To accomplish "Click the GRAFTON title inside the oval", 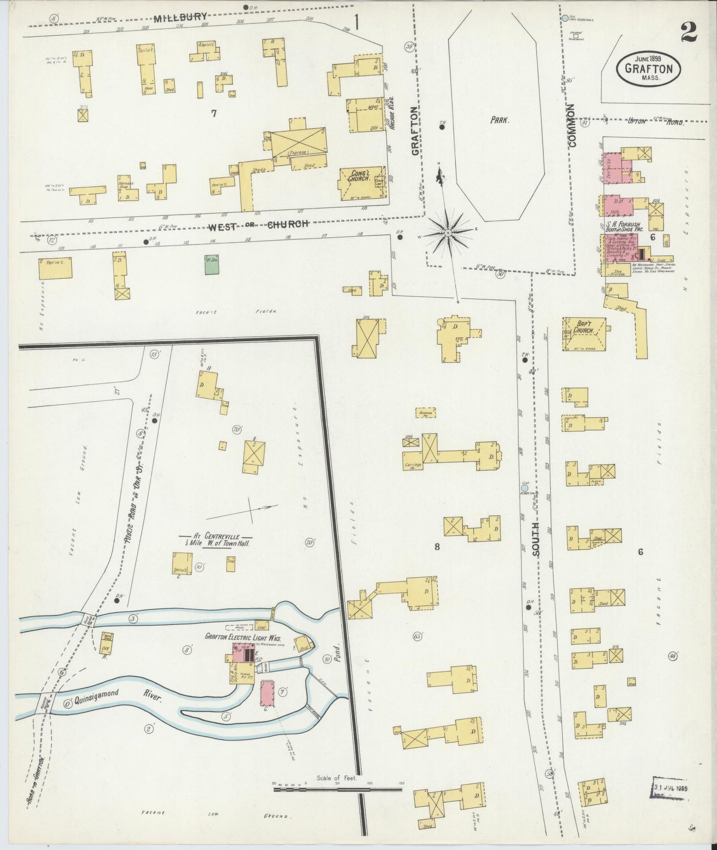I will click(x=649, y=69).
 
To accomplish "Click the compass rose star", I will click(x=448, y=232).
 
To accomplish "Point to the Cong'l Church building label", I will click(x=360, y=175).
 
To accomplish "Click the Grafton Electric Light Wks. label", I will click(x=238, y=637).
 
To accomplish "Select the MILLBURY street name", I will click(x=180, y=18).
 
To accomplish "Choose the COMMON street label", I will click(x=573, y=125).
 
